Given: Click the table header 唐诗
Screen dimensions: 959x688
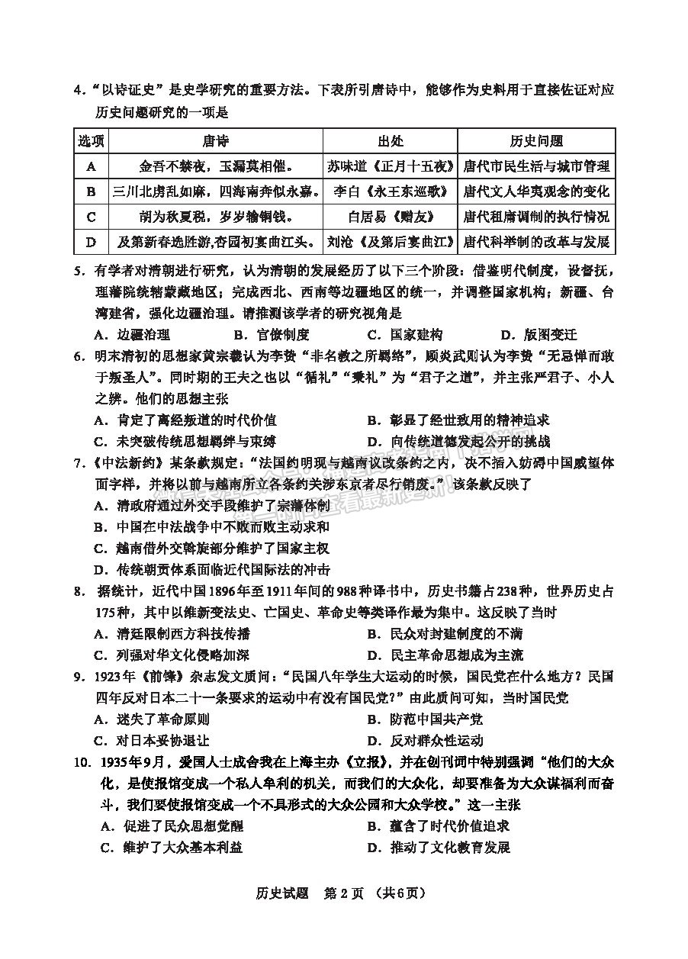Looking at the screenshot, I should coord(216,141).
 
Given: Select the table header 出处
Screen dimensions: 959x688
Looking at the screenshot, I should coord(391,141).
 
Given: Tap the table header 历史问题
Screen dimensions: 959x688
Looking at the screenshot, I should coord(536,141).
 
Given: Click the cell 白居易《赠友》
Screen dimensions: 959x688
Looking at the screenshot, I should coord(391,217).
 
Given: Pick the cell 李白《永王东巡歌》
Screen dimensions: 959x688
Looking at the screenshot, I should coord(391,191).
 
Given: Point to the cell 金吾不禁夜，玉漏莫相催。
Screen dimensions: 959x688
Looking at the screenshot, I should coord(216,166).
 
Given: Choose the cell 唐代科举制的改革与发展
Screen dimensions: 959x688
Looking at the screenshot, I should coord(536,242).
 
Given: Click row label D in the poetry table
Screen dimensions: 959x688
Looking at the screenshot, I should coord(92,242).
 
